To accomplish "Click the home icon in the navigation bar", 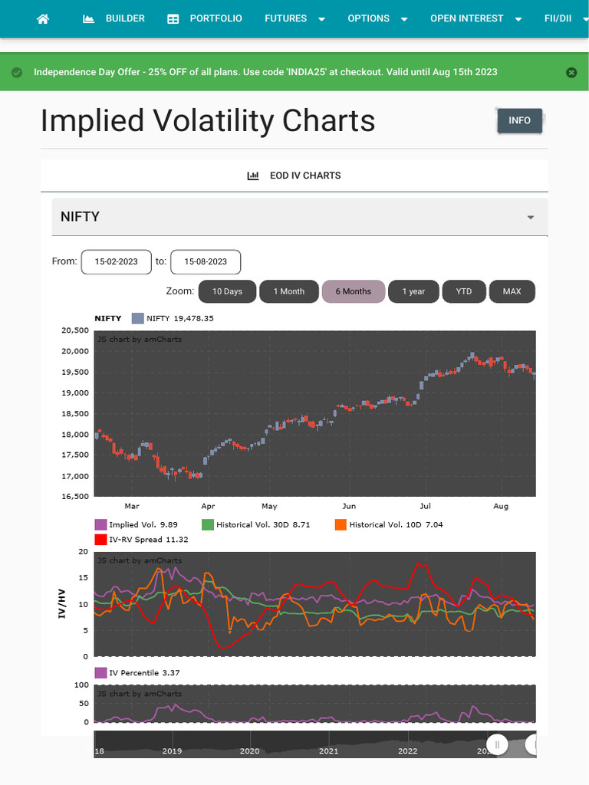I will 43,18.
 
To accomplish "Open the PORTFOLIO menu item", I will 205,18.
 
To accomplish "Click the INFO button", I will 519,120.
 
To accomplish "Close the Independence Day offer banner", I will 571,72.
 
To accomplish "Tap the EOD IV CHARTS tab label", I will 294,176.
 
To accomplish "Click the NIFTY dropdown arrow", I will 530,217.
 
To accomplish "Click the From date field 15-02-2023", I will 117,261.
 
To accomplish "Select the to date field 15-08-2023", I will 205,261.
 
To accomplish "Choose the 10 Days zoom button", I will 227,291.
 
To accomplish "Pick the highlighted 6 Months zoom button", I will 353,291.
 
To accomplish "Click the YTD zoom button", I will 463,291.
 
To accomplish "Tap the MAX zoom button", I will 512,291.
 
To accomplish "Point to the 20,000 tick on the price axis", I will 74,351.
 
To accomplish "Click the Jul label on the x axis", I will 425,506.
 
